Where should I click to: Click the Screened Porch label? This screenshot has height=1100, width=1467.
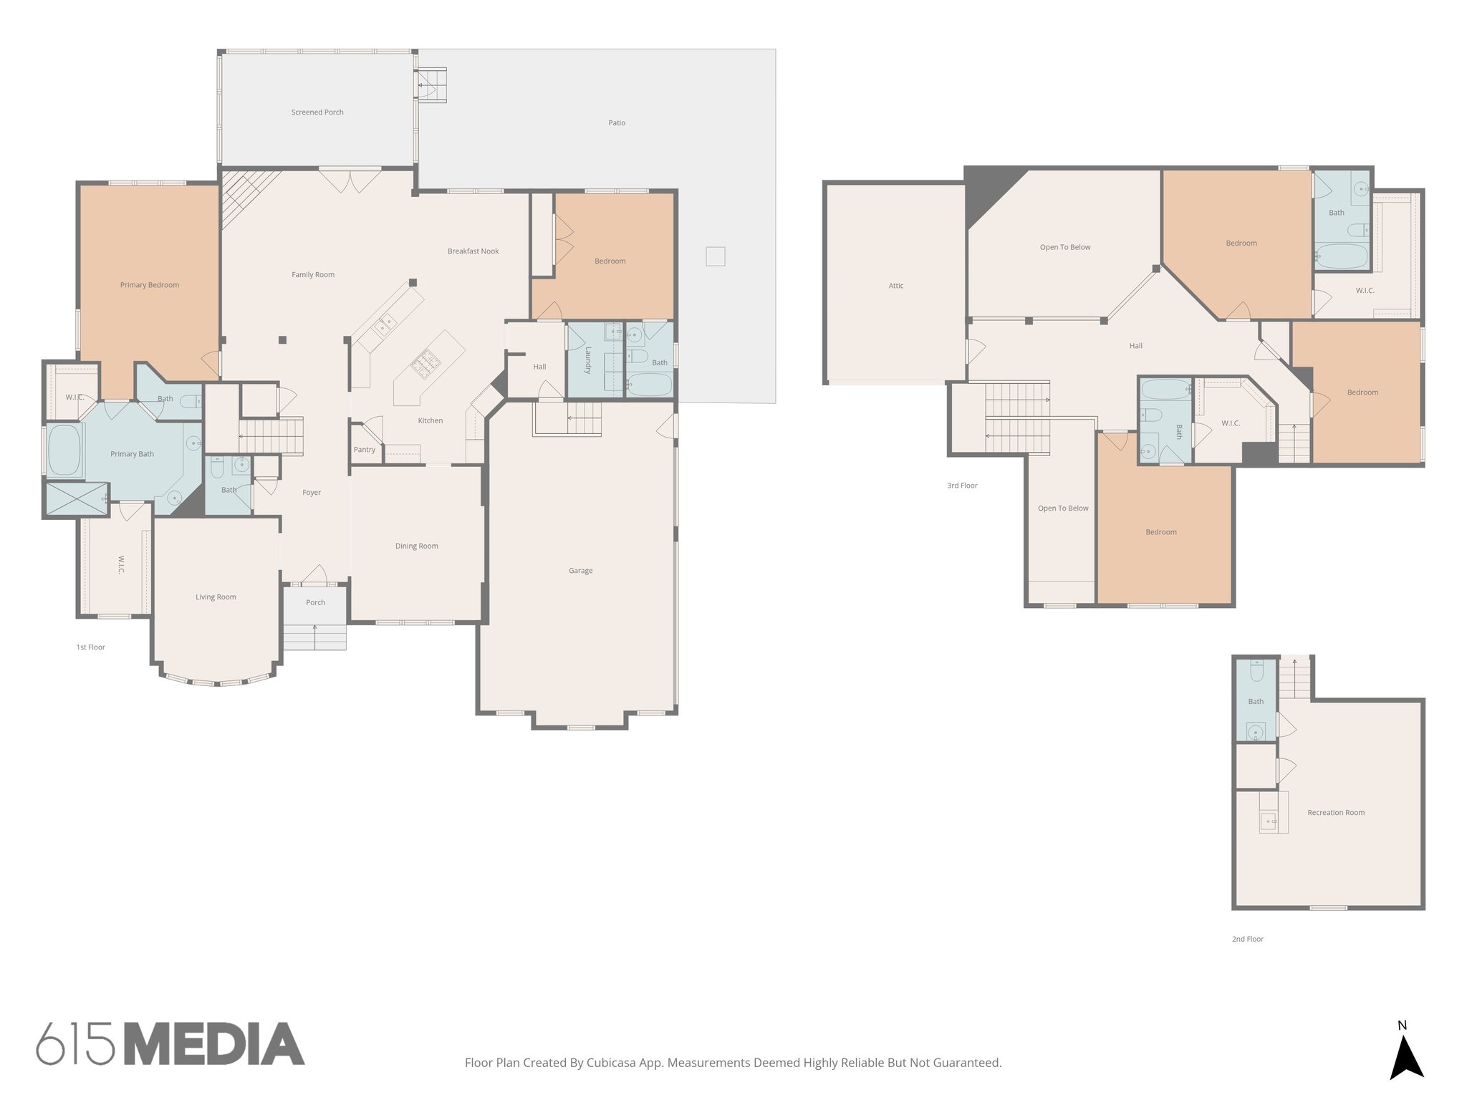click(317, 112)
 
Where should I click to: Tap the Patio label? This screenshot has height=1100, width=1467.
click(617, 123)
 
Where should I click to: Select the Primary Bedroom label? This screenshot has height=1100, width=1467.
click(150, 285)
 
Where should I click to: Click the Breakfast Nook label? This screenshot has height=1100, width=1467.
click(473, 251)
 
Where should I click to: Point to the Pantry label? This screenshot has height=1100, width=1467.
click(365, 450)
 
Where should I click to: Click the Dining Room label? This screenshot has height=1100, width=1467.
click(416, 546)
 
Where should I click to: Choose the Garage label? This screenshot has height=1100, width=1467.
click(580, 571)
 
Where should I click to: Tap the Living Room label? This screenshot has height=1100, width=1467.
click(216, 597)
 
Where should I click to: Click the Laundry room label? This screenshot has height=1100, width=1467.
click(588, 360)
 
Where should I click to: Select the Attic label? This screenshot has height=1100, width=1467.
click(895, 286)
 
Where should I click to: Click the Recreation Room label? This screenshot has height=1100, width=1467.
click(1336, 813)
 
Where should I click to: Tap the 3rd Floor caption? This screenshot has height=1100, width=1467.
click(962, 486)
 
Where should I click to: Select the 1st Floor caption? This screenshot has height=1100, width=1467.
click(91, 647)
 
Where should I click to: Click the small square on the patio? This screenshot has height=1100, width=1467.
click(715, 256)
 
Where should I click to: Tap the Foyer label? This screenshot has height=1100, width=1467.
click(312, 493)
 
